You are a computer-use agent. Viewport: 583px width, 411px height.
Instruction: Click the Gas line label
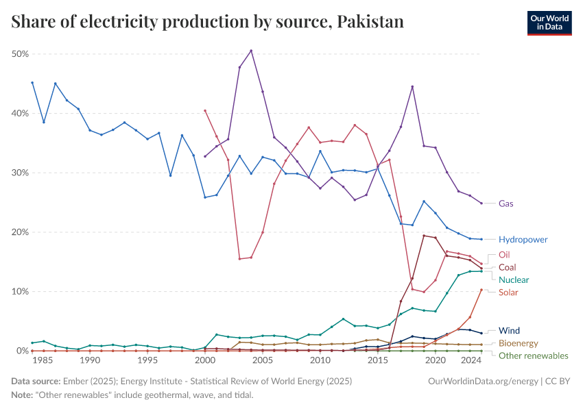[506, 203]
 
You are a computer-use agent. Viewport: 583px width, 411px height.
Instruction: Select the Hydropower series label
[523, 240]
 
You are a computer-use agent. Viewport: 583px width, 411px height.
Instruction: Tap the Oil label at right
[504, 255]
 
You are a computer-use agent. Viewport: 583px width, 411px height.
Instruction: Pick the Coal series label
[507, 267]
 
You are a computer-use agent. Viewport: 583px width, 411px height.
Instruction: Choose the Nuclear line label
[514, 279]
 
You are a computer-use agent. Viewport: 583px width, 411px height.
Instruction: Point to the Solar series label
[508, 292]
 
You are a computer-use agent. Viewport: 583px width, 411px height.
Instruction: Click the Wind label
[509, 330]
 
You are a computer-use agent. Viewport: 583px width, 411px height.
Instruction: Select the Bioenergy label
[518, 343]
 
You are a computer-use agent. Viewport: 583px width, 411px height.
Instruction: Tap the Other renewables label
[533, 356]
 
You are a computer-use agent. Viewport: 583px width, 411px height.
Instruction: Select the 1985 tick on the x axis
[44, 360]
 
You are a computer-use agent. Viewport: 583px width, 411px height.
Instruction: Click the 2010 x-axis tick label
[320, 360]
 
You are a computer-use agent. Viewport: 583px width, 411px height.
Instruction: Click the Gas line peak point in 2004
[251, 51]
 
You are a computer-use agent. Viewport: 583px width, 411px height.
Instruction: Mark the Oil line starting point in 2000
[205, 110]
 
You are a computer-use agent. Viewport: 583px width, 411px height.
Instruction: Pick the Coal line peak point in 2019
[424, 236]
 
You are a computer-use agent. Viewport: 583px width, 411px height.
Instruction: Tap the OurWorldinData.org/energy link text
[482, 379]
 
